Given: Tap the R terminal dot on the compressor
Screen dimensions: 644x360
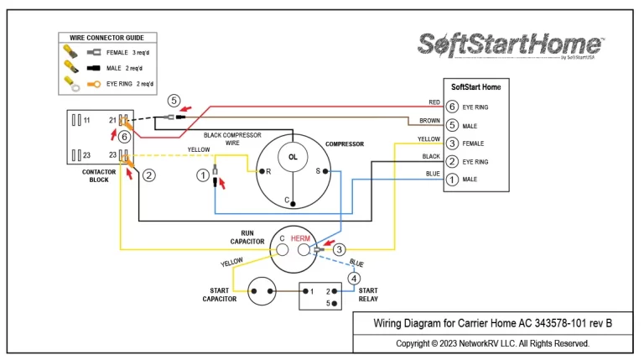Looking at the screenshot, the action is point(262,171).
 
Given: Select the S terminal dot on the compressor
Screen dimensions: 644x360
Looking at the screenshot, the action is point(325,171).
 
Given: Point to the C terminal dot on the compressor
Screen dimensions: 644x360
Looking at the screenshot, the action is point(293,203).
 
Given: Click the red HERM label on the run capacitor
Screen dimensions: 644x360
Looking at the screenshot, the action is point(300,238).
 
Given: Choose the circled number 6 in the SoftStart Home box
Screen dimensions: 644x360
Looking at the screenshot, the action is point(452,107).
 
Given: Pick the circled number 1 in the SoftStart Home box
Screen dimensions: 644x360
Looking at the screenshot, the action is point(452,180).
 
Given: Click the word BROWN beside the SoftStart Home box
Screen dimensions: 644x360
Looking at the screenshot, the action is point(429,121).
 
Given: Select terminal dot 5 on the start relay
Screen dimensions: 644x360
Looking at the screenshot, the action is point(335,304).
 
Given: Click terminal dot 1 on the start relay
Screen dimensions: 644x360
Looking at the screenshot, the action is point(305,291).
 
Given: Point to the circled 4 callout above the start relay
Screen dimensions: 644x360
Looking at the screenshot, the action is point(354,279).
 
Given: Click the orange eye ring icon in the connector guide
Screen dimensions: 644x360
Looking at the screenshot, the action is point(94,84).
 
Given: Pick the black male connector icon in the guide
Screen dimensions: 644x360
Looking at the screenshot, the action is point(94,68).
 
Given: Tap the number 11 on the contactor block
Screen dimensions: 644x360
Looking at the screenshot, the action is point(86,120).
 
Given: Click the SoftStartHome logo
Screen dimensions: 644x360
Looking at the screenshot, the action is point(511,44).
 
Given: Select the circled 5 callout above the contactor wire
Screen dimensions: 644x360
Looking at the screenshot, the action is point(174,101).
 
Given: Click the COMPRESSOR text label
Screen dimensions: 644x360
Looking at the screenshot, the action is point(345,144).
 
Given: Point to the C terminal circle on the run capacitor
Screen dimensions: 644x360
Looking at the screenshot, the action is point(282,249).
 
